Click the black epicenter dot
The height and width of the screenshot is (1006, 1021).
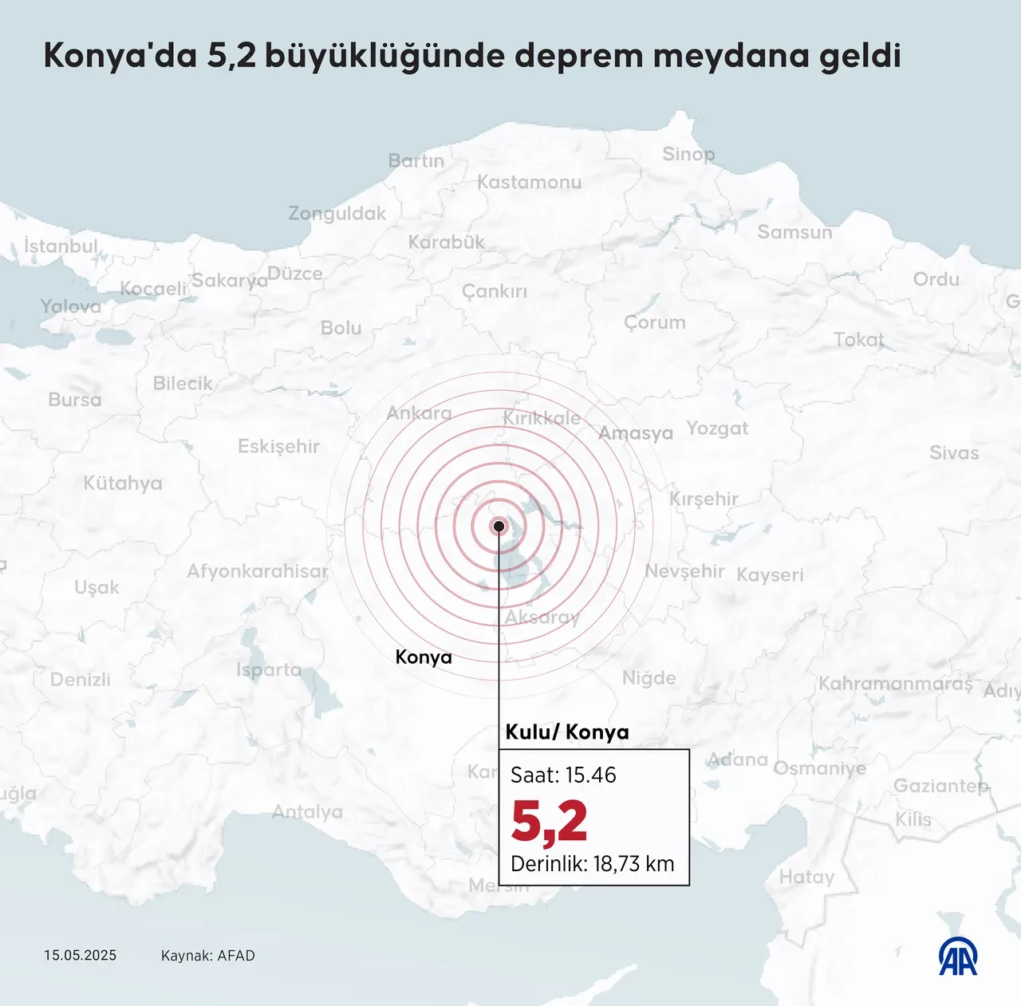pyautogui.click(x=499, y=526)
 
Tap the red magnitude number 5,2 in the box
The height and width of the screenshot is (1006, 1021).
pyautogui.click(x=549, y=821)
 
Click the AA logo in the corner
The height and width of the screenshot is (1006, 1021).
pyautogui.click(x=958, y=956)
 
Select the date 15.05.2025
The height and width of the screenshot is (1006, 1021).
pyautogui.click(x=80, y=955)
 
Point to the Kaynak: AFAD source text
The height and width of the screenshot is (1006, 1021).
pyautogui.click(x=207, y=955)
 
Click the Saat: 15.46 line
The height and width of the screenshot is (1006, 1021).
pyautogui.click(x=563, y=775)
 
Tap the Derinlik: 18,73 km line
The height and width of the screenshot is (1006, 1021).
pyautogui.click(x=592, y=863)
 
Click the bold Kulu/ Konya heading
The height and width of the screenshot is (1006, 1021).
pyautogui.click(x=567, y=732)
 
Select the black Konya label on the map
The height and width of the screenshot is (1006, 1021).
pyautogui.click(x=424, y=657)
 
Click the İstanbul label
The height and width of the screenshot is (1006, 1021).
pyautogui.click(x=61, y=246)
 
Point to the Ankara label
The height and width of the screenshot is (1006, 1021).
pyautogui.click(x=419, y=413)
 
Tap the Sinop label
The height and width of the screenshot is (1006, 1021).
pyautogui.click(x=688, y=154)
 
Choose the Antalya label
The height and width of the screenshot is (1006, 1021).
pyautogui.click(x=307, y=812)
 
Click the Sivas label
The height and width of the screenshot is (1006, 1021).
pyautogui.click(x=953, y=452)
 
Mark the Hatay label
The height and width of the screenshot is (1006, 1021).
pyautogui.click(x=806, y=877)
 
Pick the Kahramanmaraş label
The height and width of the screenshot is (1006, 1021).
pyautogui.click(x=895, y=684)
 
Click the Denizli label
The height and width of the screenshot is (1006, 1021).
pyautogui.click(x=81, y=679)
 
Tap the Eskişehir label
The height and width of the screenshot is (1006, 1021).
pyautogui.click(x=278, y=446)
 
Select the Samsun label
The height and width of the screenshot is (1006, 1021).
pyautogui.click(x=794, y=232)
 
